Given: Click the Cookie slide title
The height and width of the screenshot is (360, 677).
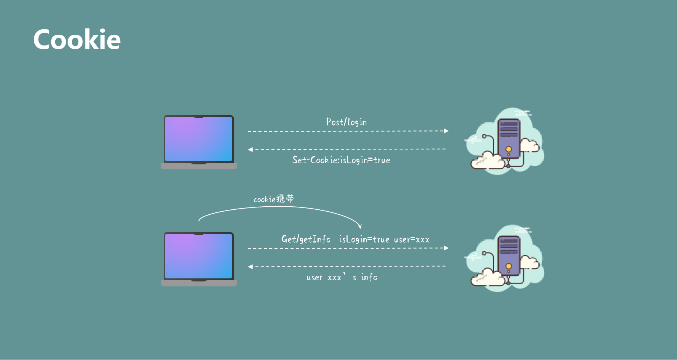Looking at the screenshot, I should click(77, 40).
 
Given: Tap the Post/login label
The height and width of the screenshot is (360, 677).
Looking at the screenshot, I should click(346, 122).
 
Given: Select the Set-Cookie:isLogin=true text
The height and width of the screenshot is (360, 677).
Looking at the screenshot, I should click(341, 160).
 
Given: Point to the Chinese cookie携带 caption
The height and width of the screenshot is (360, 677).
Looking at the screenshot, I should click(274, 199).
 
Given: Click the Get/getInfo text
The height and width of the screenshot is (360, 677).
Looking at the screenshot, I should click(306, 239).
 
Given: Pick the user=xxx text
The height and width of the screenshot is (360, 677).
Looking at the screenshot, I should click(411, 239).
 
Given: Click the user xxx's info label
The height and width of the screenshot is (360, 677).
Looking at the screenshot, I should click(342, 277).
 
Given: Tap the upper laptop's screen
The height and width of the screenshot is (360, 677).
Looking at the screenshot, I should click(198, 139).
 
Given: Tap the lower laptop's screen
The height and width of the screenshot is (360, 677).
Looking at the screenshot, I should click(198, 256).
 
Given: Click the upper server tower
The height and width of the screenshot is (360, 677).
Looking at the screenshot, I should click(509, 138).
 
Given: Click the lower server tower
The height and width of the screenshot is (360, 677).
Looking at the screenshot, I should click(509, 255).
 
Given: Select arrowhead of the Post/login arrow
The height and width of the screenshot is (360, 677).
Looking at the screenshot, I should click(446, 131).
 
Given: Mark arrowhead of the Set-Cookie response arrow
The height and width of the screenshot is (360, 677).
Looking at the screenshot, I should click(250, 149).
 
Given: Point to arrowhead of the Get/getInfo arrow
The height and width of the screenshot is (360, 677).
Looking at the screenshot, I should click(446, 248).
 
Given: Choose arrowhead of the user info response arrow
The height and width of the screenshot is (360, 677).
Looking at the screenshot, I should click(250, 267).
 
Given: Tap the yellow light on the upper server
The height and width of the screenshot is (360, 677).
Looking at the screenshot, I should click(508, 149).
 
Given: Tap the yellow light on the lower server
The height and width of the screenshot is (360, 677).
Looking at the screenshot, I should click(508, 266).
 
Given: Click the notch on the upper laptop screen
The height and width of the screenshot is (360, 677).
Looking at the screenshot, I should click(198, 117).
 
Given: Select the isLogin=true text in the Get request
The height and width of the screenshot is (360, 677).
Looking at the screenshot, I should click(364, 239).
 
